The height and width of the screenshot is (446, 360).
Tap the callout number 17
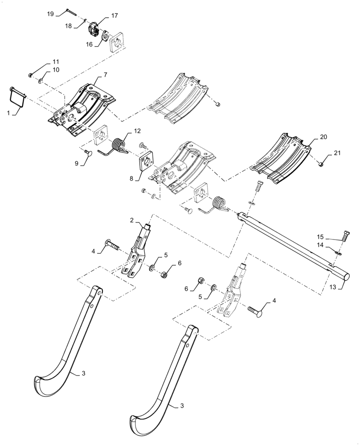click(x=115, y=16)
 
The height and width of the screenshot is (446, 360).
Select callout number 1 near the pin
click(x=9, y=113)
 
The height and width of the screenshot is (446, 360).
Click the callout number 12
click(x=137, y=131)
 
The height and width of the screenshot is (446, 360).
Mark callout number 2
click(x=131, y=220)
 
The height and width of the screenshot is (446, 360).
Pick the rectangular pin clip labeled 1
click(x=17, y=95)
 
